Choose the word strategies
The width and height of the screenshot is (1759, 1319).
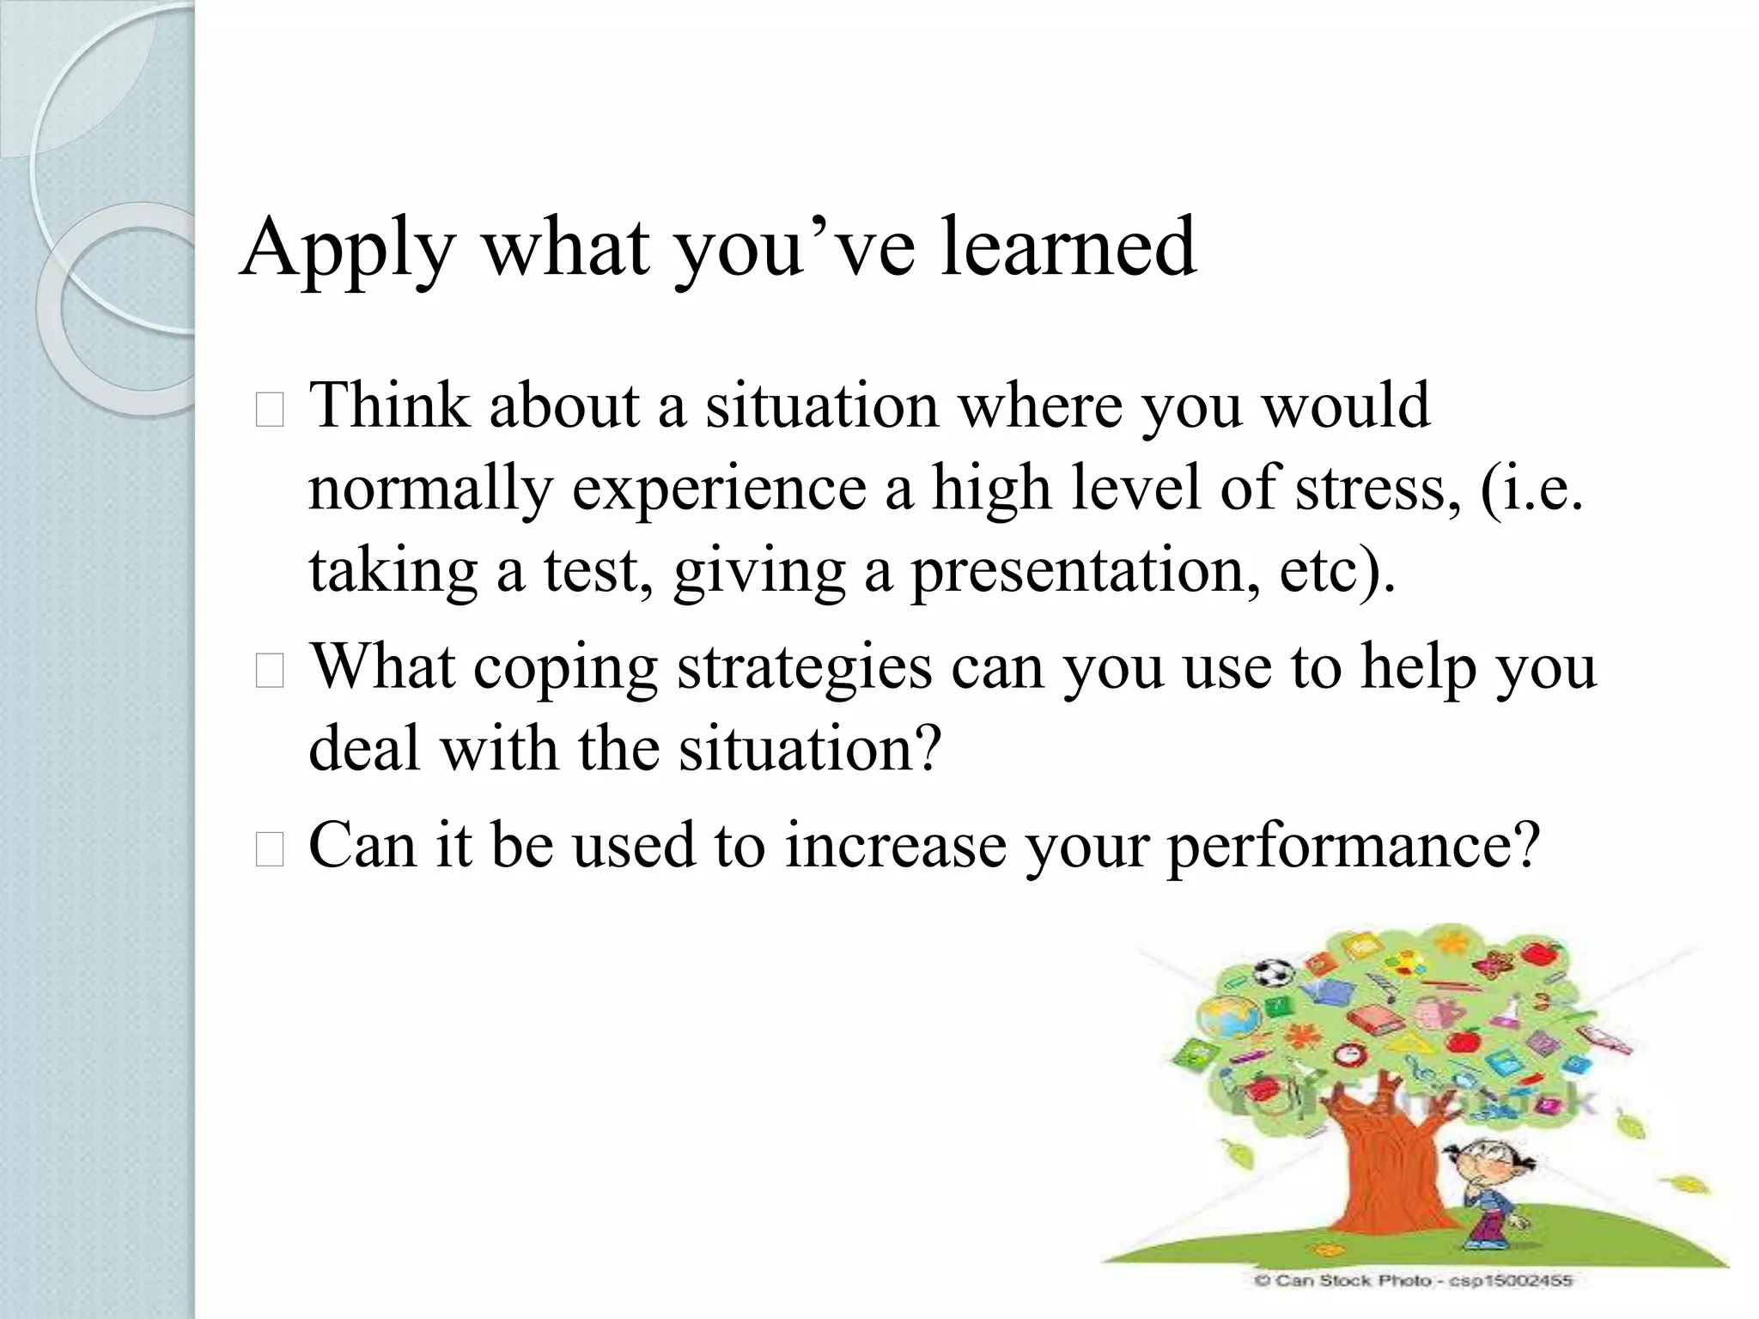[x=804, y=667]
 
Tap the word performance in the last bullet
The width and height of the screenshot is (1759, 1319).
[x=1352, y=846]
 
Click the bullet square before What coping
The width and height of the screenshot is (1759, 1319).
[x=269, y=674]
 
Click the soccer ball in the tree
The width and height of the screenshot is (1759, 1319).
[x=1274, y=972]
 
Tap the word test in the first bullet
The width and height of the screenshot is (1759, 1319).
[x=592, y=570]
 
